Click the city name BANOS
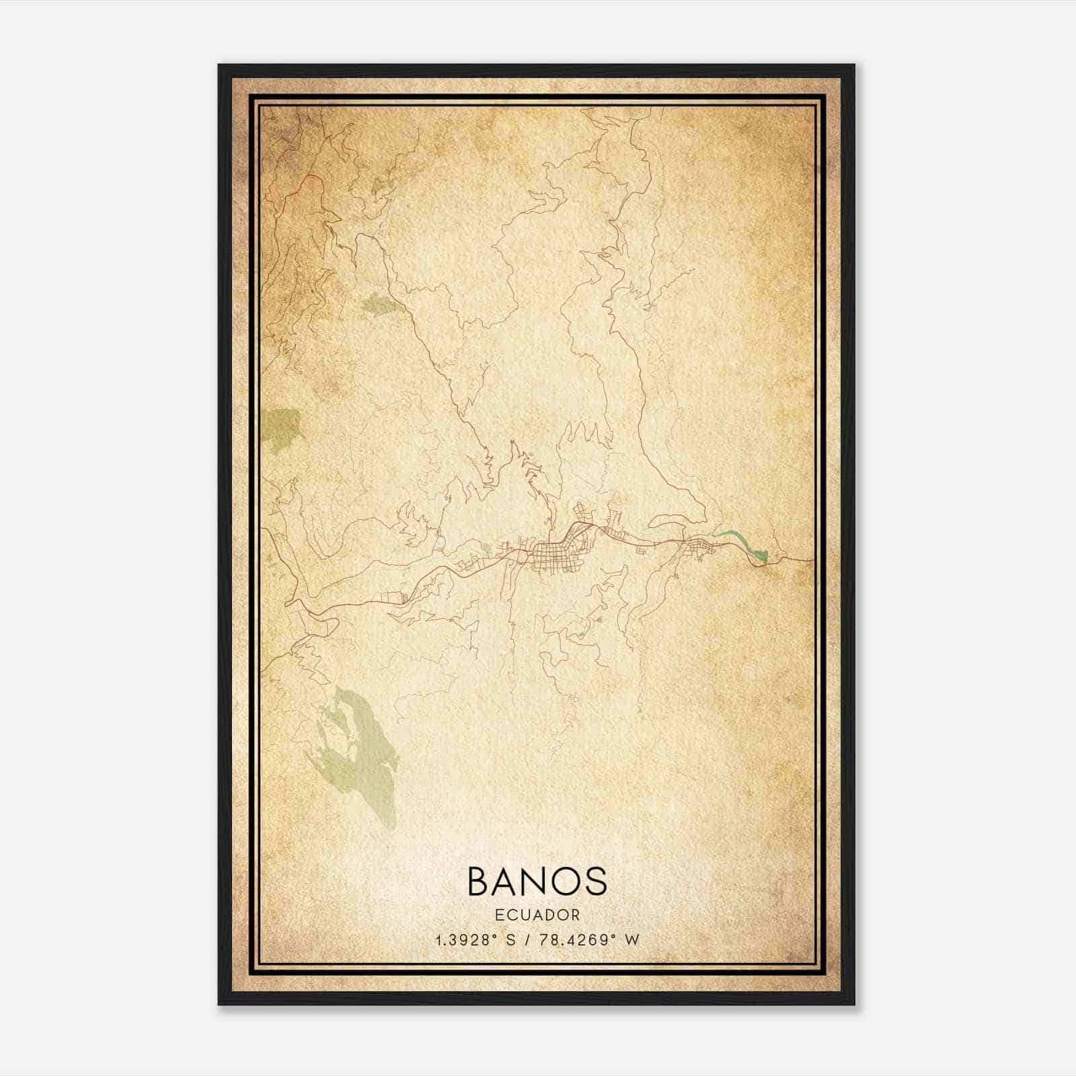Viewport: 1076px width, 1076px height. pyautogui.click(x=537, y=881)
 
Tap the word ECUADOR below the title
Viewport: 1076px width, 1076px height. pyautogui.click(x=537, y=915)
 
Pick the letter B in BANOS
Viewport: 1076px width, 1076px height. pyautogui.click(x=479, y=881)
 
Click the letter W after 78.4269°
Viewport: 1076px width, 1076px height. pyautogui.click(x=631, y=939)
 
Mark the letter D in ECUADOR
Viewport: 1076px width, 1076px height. pyautogui.click(x=551, y=915)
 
